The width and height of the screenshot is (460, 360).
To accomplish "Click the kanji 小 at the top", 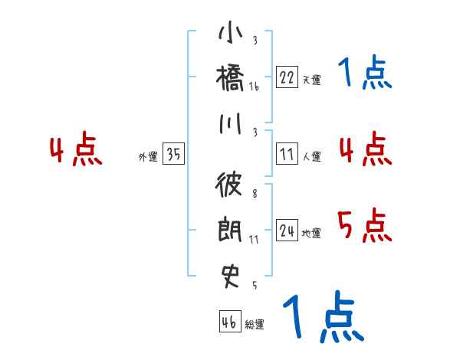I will pyautogui.click(x=231, y=34).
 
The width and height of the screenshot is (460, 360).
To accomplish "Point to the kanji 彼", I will pyautogui.click(x=231, y=185).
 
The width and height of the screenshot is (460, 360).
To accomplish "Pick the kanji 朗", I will pyautogui.click(x=231, y=230).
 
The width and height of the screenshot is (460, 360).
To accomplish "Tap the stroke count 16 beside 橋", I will pyautogui.click(x=255, y=87).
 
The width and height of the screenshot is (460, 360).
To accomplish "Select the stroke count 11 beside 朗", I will pyautogui.click(x=255, y=239).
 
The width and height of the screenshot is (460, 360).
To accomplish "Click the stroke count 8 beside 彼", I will pyautogui.click(x=255, y=194).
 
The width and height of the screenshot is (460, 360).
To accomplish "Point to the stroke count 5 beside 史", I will pyautogui.click(x=255, y=286).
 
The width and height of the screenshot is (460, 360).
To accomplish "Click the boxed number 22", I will pyautogui.click(x=287, y=77).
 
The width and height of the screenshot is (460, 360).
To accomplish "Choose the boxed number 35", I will pyautogui.click(x=173, y=155).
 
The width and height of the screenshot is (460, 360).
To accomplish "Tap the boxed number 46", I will pyautogui.click(x=229, y=322).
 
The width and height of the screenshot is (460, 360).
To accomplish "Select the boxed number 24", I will pyautogui.click(x=287, y=231).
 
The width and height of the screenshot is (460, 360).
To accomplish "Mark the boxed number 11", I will pyautogui.click(x=287, y=155).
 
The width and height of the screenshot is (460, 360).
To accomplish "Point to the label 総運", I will pyautogui.click(x=254, y=325).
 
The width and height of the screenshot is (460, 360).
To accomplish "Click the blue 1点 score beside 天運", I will pyautogui.click(x=364, y=74).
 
